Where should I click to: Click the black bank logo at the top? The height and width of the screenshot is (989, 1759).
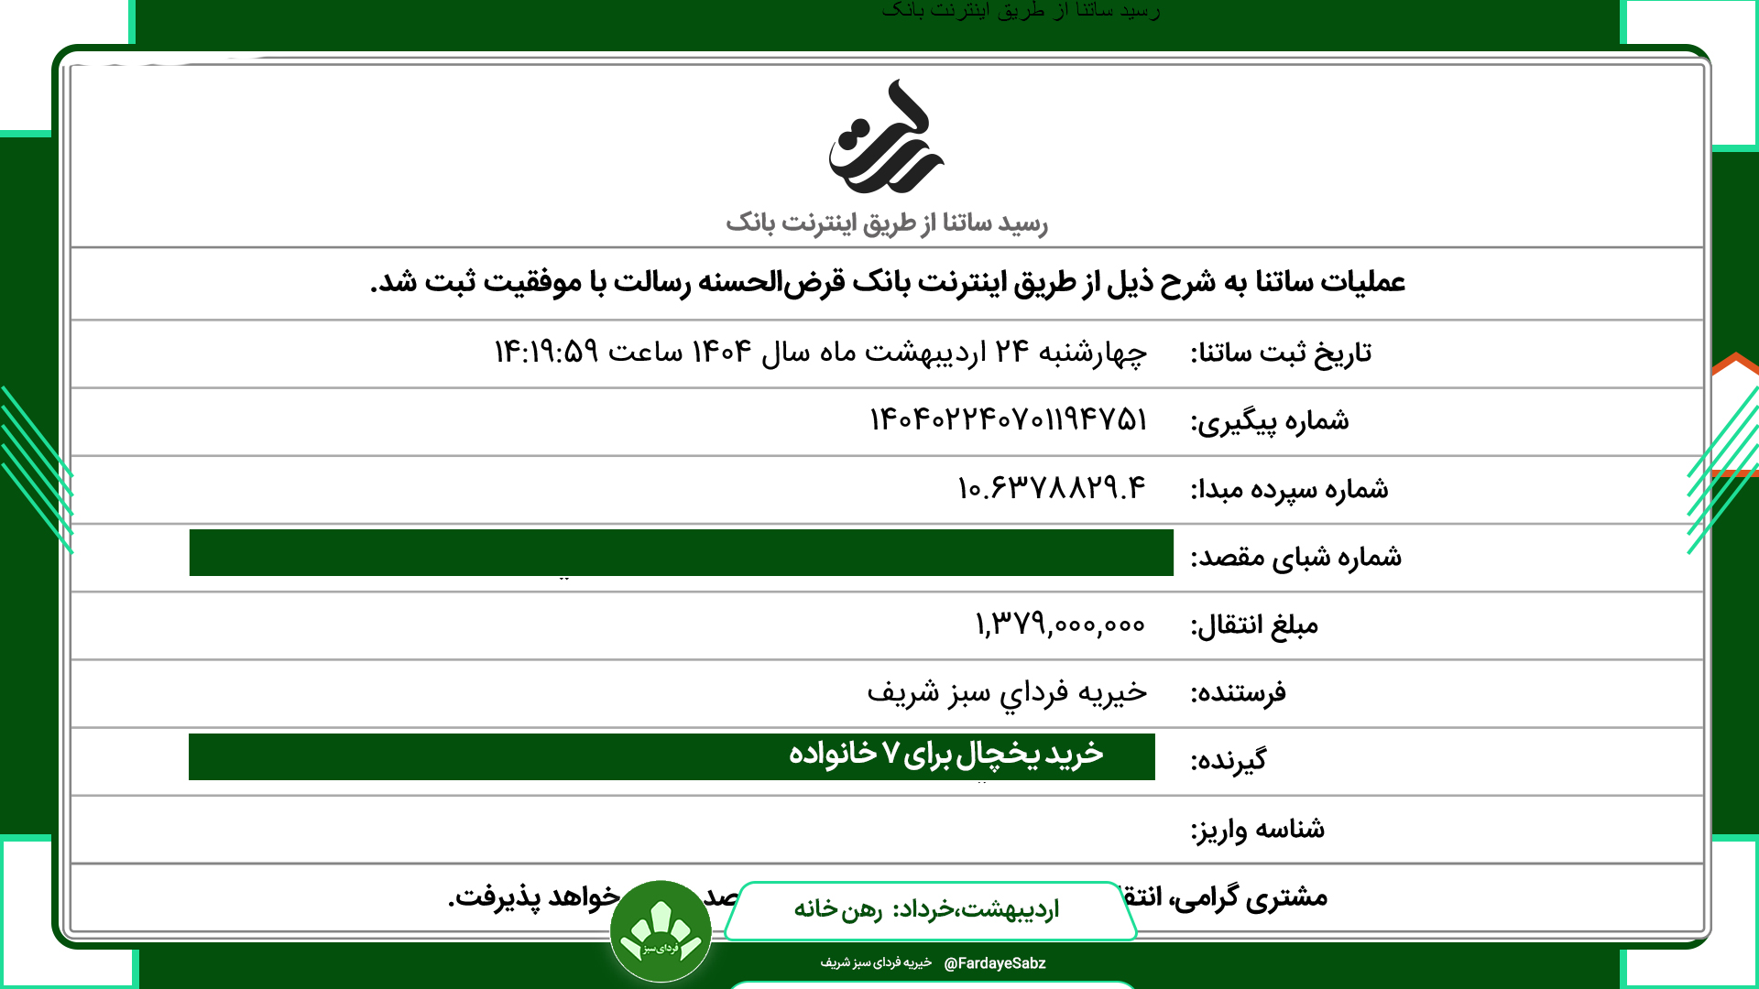click(x=886, y=137)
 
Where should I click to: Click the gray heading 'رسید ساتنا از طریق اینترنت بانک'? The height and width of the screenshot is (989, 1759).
click(x=886, y=223)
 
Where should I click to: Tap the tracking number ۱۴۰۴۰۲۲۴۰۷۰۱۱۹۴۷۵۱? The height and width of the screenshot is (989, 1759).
click(x=1008, y=420)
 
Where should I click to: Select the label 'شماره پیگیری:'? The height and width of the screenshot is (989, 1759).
click(x=1270, y=421)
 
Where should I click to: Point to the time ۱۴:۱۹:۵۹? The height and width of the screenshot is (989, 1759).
click(x=546, y=352)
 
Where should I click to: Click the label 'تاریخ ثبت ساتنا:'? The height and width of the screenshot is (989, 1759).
click(x=1281, y=353)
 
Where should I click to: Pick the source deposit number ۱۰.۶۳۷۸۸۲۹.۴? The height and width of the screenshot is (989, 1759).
click(x=1051, y=488)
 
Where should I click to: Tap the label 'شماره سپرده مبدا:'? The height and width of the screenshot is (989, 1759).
click(x=1289, y=489)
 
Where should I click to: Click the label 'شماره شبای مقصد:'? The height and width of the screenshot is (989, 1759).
click(x=1295, y=557)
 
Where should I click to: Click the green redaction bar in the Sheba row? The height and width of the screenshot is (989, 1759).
click(x=681, y=552)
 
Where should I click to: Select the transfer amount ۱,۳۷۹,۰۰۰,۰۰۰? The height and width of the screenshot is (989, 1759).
click(x=1059, y=625)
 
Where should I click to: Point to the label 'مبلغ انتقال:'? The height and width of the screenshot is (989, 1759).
click(x=1254, y=625)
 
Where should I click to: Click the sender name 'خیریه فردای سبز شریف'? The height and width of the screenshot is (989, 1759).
click(x=1007, y=692)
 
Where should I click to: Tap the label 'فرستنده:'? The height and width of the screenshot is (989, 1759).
click(x=1238, y=693)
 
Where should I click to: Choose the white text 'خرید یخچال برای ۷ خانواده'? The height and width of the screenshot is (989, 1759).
click(x=945, y=754)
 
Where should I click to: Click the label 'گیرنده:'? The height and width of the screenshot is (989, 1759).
click(x=1229, y=761)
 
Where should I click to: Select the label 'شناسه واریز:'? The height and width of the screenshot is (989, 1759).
click(x=1257, y=830)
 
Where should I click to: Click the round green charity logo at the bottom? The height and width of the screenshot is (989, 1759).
click(x=661, y=931)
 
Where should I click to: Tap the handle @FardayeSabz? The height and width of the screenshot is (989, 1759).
click(x=994, y=963)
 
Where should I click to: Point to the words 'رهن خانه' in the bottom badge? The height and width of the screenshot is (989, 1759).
click(x=837, y=909)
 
